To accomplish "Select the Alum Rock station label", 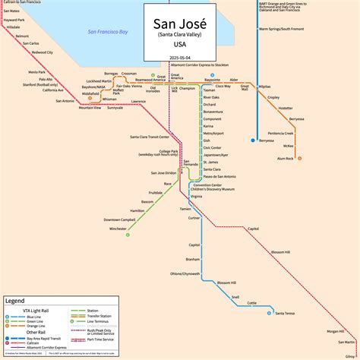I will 286,158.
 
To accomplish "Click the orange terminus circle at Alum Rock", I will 300,158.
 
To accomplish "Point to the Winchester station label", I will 118,228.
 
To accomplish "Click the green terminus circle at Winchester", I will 128,234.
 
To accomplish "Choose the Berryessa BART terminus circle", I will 253,141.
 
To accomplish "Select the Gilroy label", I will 349,354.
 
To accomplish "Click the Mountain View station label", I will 90,108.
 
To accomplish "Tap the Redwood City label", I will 53,52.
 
